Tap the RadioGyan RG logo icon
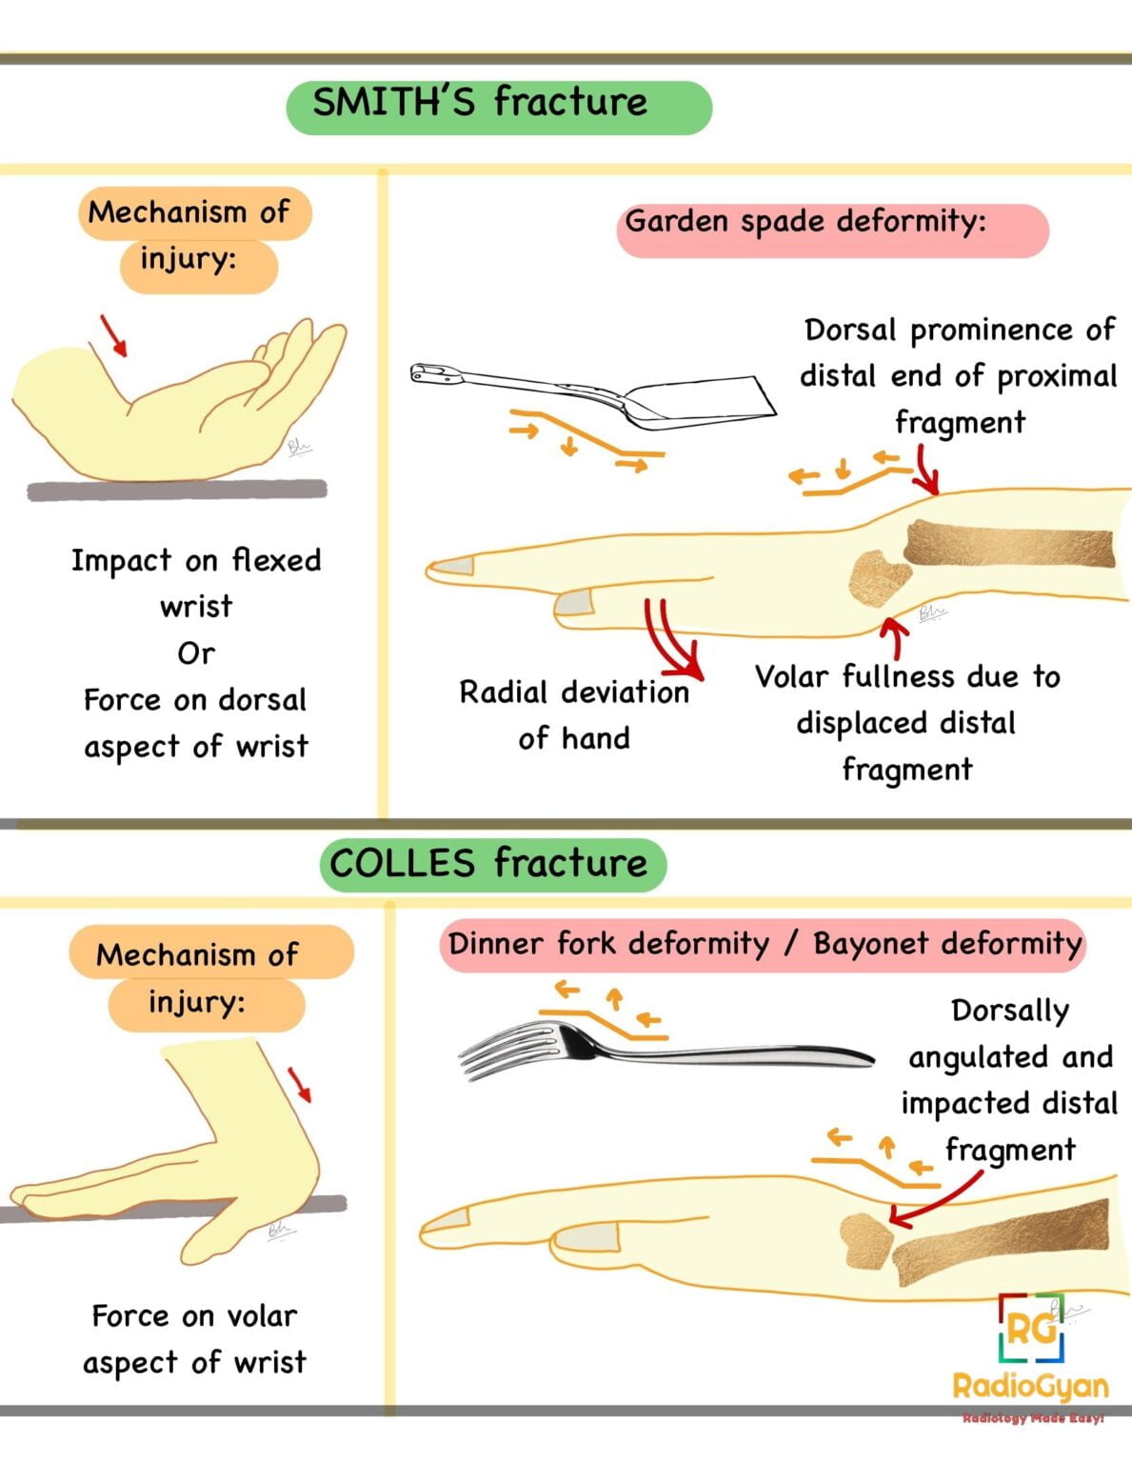pos(1031,1326)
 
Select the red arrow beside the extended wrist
pos(300,1085)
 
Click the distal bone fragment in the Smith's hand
pos(878,577)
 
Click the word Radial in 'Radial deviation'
pos(503,692)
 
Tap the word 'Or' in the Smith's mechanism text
pos(196,653)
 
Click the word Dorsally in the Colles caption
pos(1009,1011)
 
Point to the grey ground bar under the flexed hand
pos(176,491)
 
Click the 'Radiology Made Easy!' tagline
pos(1032,1419)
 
